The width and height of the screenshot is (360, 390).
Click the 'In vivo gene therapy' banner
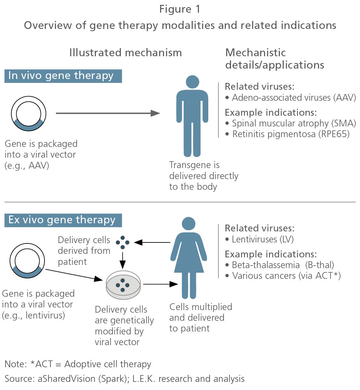tap(63, 76)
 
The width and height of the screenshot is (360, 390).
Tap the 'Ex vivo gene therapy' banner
tap(63, 220)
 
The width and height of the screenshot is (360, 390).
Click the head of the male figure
tap(192, 82)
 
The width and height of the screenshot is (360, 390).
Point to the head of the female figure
tap(188, 224)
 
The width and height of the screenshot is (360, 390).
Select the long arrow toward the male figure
tap(108, 113)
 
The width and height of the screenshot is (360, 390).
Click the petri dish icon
tap(123, 285)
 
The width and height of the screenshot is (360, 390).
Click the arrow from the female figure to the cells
tap(152, 242)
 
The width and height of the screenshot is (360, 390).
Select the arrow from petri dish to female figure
tap(161, 284)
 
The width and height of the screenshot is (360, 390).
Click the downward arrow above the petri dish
tap(122, 260)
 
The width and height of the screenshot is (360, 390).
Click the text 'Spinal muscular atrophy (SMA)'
tap(294, 123)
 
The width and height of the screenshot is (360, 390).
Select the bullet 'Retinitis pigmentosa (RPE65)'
tap(288, 134)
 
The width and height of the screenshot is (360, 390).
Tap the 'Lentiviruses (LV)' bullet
tap(260, 240)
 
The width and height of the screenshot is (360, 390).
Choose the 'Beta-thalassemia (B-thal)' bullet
tap(280, 265)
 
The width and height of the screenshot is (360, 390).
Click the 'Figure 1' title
tap(180, 9)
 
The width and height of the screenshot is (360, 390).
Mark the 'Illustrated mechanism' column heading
tap(126, 53)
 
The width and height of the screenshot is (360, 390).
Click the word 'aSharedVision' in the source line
tap(67, 379)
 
